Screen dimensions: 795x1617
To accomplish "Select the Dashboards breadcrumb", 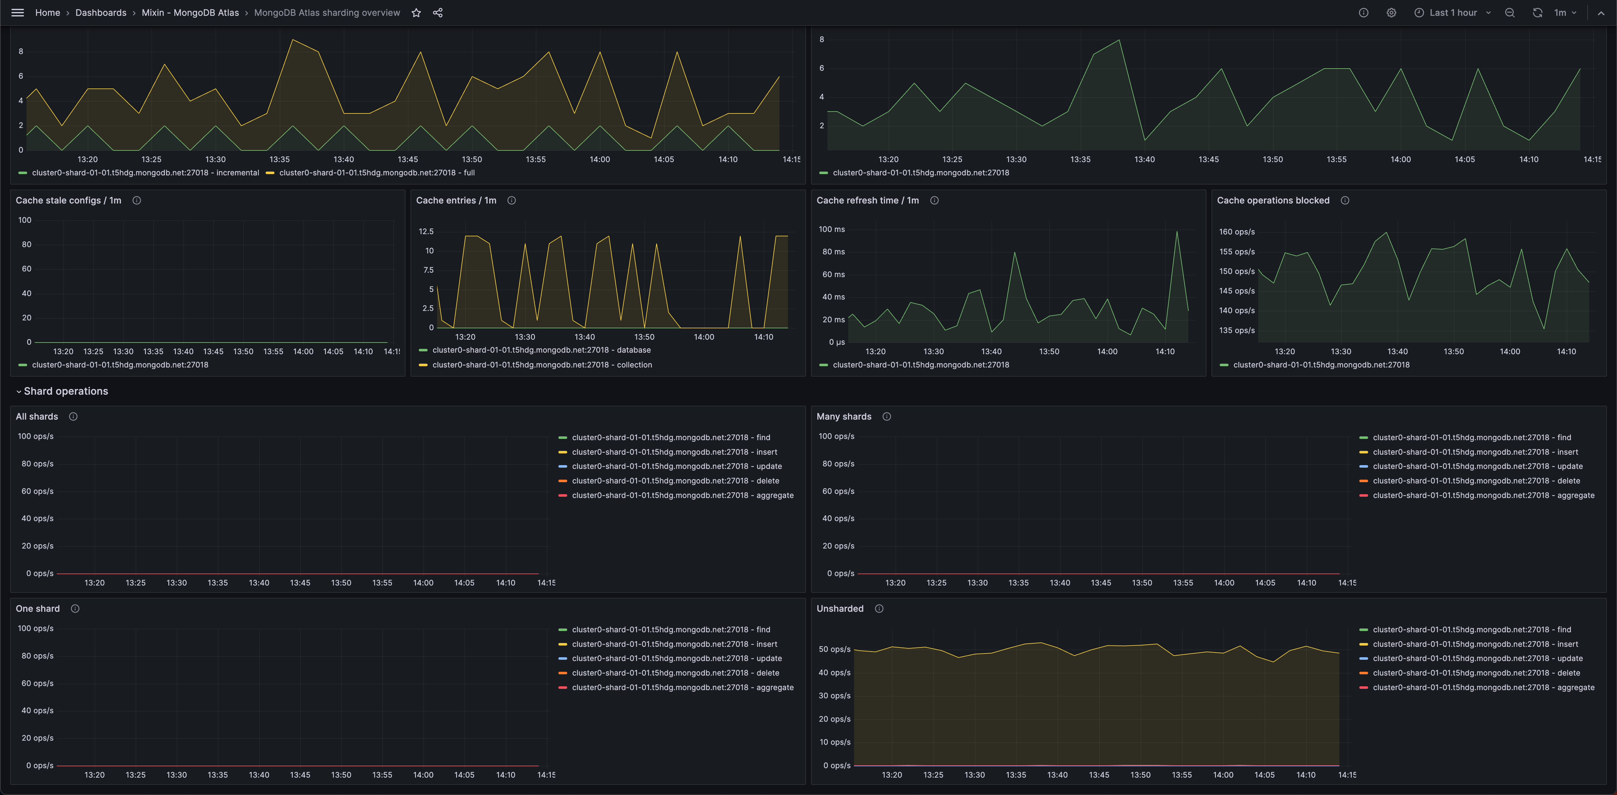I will [100, 13].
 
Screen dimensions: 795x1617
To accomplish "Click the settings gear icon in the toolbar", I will [1391, 13].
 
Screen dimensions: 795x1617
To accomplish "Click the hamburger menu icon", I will [18, 13].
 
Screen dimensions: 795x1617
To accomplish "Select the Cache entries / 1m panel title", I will [456, 200].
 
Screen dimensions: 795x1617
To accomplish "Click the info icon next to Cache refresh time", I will [934, 200].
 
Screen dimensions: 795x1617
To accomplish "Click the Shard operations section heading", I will [66, 391].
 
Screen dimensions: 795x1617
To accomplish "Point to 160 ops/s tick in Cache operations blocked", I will [1237, 232].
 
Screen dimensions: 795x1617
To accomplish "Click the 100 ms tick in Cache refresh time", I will [832, 229].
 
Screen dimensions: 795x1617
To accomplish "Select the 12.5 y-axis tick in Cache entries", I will [426, 232].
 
